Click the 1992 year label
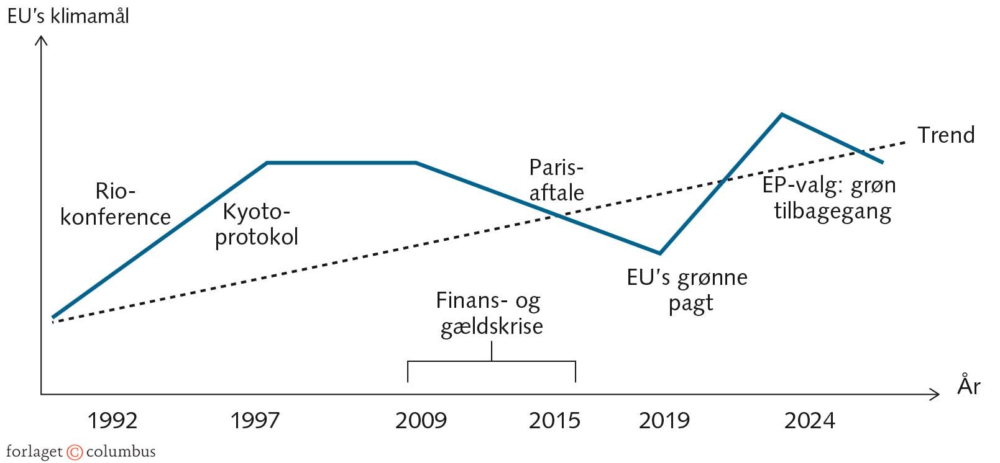(x=112, y=421)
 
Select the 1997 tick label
(x=255, y=421)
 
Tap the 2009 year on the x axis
(x=421, y=421)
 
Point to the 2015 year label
(x=554, y=421)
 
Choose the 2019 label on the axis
(x=664, y=421)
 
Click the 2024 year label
(x=809, y=421)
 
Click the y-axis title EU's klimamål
(x=68, y=16)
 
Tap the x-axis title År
(x=969, y=385)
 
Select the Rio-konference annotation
(x=116, y=204)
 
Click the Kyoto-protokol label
(x=257, y=224)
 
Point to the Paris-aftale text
(x=556, y=180)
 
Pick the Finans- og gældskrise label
(x=490, y=313)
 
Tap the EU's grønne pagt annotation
(x=687, y=290)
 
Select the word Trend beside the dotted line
(x=946, y=135)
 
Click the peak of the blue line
(x=782, y=114)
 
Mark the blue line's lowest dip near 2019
(x=660, y=253)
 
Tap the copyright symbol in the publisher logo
(x=75, y=452)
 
